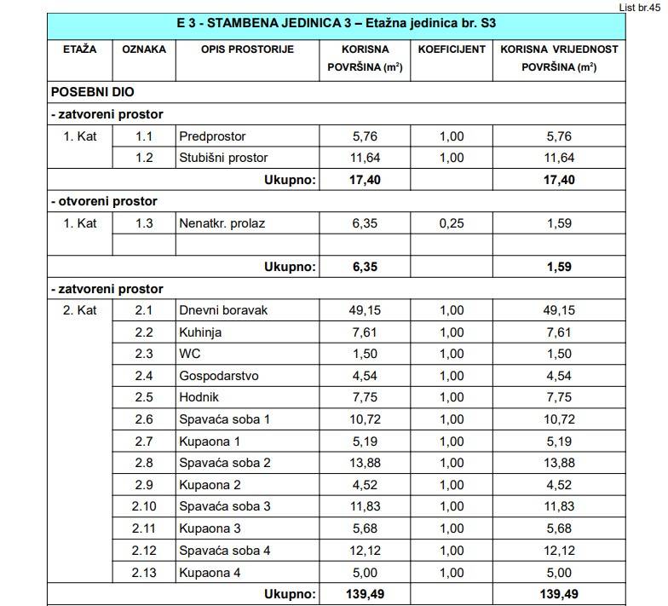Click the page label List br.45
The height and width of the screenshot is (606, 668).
pyautogui.click(x=641, y=5)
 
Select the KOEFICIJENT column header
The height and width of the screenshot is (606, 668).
pyautogui.click(x=452, y=49)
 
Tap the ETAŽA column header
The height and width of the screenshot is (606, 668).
pyautogui.click(x=79, y=49)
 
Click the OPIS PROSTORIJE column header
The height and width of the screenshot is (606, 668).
pyautogui.click(x=247, y=49)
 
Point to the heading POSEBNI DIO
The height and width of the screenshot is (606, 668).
pyautogui.click(x=92, y=91)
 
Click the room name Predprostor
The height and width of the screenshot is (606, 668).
pyautogui.click(x=212, y=136)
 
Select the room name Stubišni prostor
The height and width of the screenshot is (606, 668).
pyautogui.click(x=223, y=158)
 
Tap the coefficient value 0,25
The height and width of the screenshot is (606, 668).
pyautogui.click(x=452, y=223)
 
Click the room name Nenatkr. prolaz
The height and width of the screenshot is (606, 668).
pyautogui.click(x=222, y=223)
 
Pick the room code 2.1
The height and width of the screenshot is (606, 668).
pyautogui.click(x=143, y=310)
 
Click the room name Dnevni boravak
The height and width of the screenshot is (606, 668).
pyautogui.click(x=223, y=310)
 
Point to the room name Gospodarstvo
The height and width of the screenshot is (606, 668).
pyautogui.click(x=219, y=376)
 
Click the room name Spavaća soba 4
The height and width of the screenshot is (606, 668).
pyautogui.click(x=225, y=551)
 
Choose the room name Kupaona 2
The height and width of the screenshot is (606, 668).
pyautogui.click(x=210, y=485)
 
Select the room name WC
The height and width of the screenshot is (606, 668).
pyautogui.click(x=189, y=354)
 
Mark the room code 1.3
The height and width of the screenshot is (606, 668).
pyautogui.click(x=143, y=223)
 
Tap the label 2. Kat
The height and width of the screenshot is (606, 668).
pyautogui.click(x=80, y=310)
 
